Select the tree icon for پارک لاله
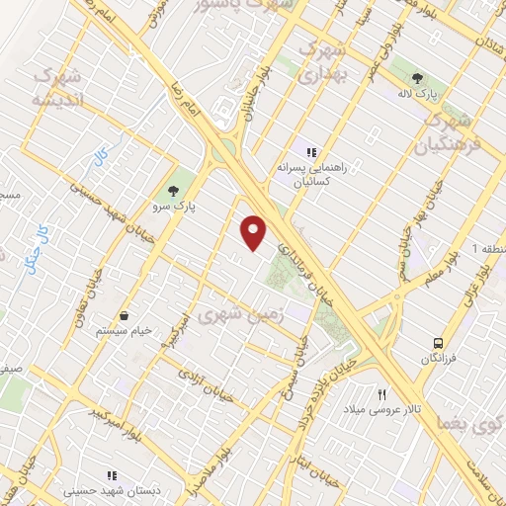point(418,79)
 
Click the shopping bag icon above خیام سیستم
point(125,316)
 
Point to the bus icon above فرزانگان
point(437,343)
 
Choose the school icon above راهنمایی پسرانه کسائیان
point(312,152)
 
